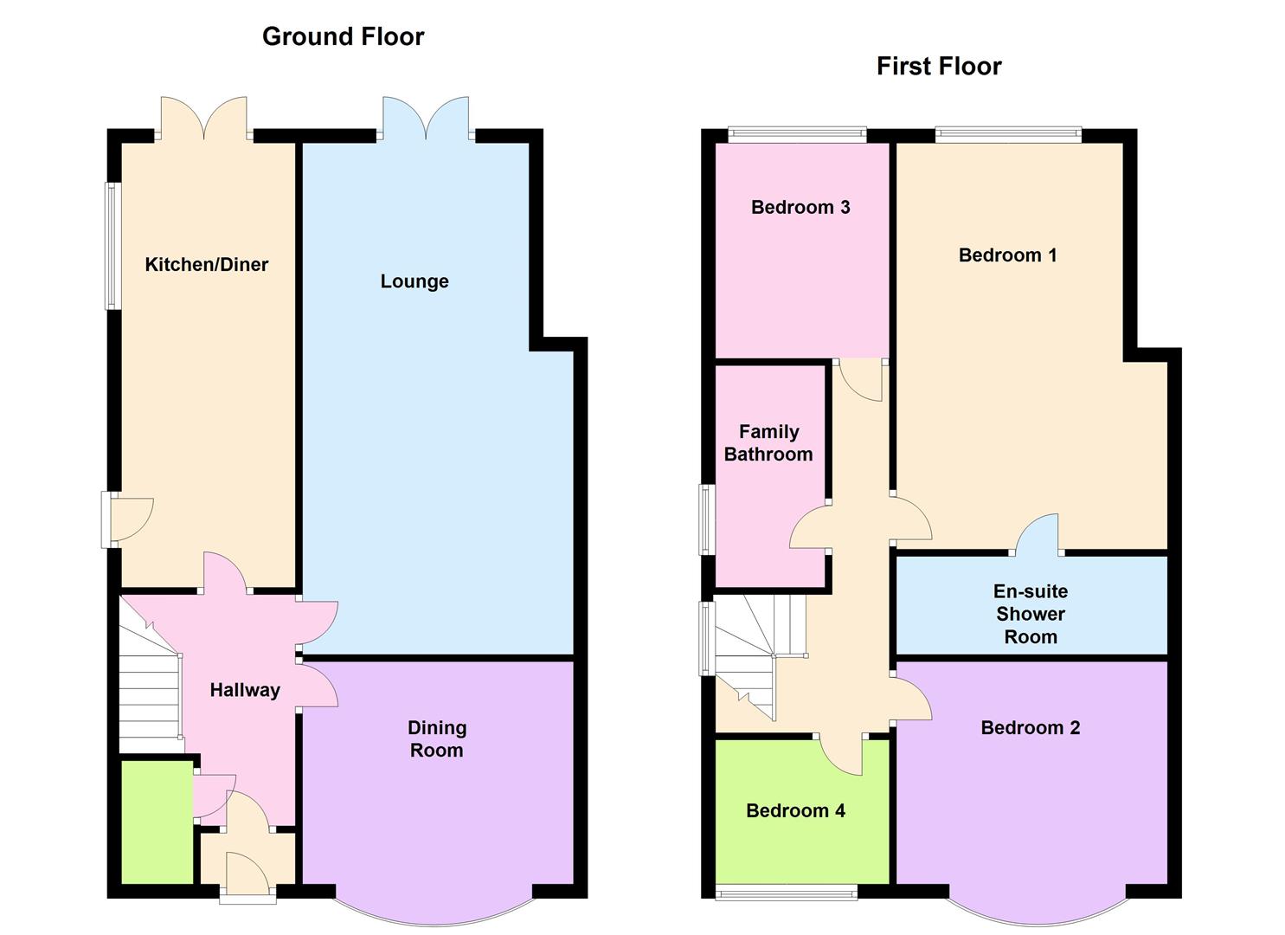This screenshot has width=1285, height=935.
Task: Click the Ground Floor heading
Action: [x=343, y=36]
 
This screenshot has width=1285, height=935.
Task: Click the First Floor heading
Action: [x=939, y=67]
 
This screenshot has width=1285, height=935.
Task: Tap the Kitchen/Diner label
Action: [x=207, y=265]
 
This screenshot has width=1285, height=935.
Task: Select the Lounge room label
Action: [x=414, y=281]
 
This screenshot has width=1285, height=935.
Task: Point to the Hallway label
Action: [x=245, y=690]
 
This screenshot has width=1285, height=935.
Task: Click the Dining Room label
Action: [x=437, y=738]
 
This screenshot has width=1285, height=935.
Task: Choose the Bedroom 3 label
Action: [x=800, y=207]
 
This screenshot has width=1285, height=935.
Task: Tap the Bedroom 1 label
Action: [x=1007, y=255]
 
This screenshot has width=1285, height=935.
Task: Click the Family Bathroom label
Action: [x=768, y=442]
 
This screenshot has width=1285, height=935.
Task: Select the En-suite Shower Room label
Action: [x=1031, y=614]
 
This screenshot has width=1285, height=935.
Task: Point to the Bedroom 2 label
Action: [x=1031, y=728]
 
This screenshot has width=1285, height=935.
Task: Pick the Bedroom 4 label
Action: [x=796, y=810]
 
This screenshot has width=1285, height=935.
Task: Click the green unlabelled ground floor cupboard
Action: [x=157, y=822]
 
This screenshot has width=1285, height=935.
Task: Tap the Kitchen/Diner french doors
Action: [x=203, y=119]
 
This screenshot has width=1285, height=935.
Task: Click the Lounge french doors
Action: [x=426, y=119]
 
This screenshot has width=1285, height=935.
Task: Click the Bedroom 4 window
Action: [x=787, y=891]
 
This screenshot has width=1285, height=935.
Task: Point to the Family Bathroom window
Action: [x=707, y=519]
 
